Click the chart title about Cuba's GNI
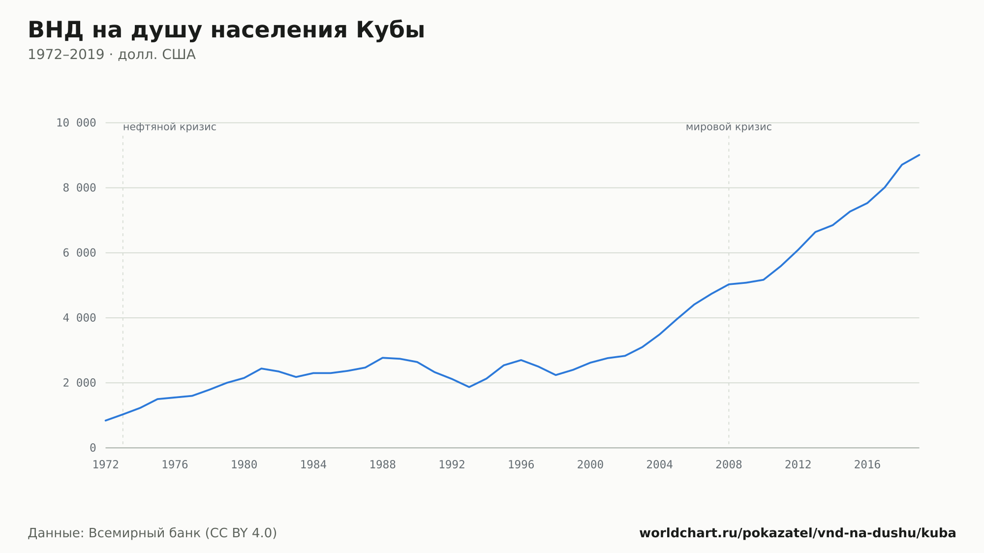tap(226, 30)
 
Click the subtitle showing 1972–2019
tap(112, 55)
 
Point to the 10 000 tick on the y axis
tap(76, 123)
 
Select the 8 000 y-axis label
tap(80, 188)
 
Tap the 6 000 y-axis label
tap(80, 253)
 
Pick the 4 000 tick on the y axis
tap(80, 318)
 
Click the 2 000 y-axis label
tap(80, 383)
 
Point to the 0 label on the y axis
tap(93, 448)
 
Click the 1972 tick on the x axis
tap(106, 465)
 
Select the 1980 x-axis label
tap(244, 465)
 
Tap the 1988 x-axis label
tap(383, 465)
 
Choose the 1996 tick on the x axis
tap(521, 465)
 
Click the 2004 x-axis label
tap(659, 465)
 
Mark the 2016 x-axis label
tap(867, 465)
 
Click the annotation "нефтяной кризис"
tap(170, 127)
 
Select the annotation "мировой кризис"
tap(729, 127)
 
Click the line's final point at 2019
tap(919, 155)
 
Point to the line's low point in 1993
tap(469, 387)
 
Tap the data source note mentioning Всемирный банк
tap(153, 533)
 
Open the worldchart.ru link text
tap(798, 533)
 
